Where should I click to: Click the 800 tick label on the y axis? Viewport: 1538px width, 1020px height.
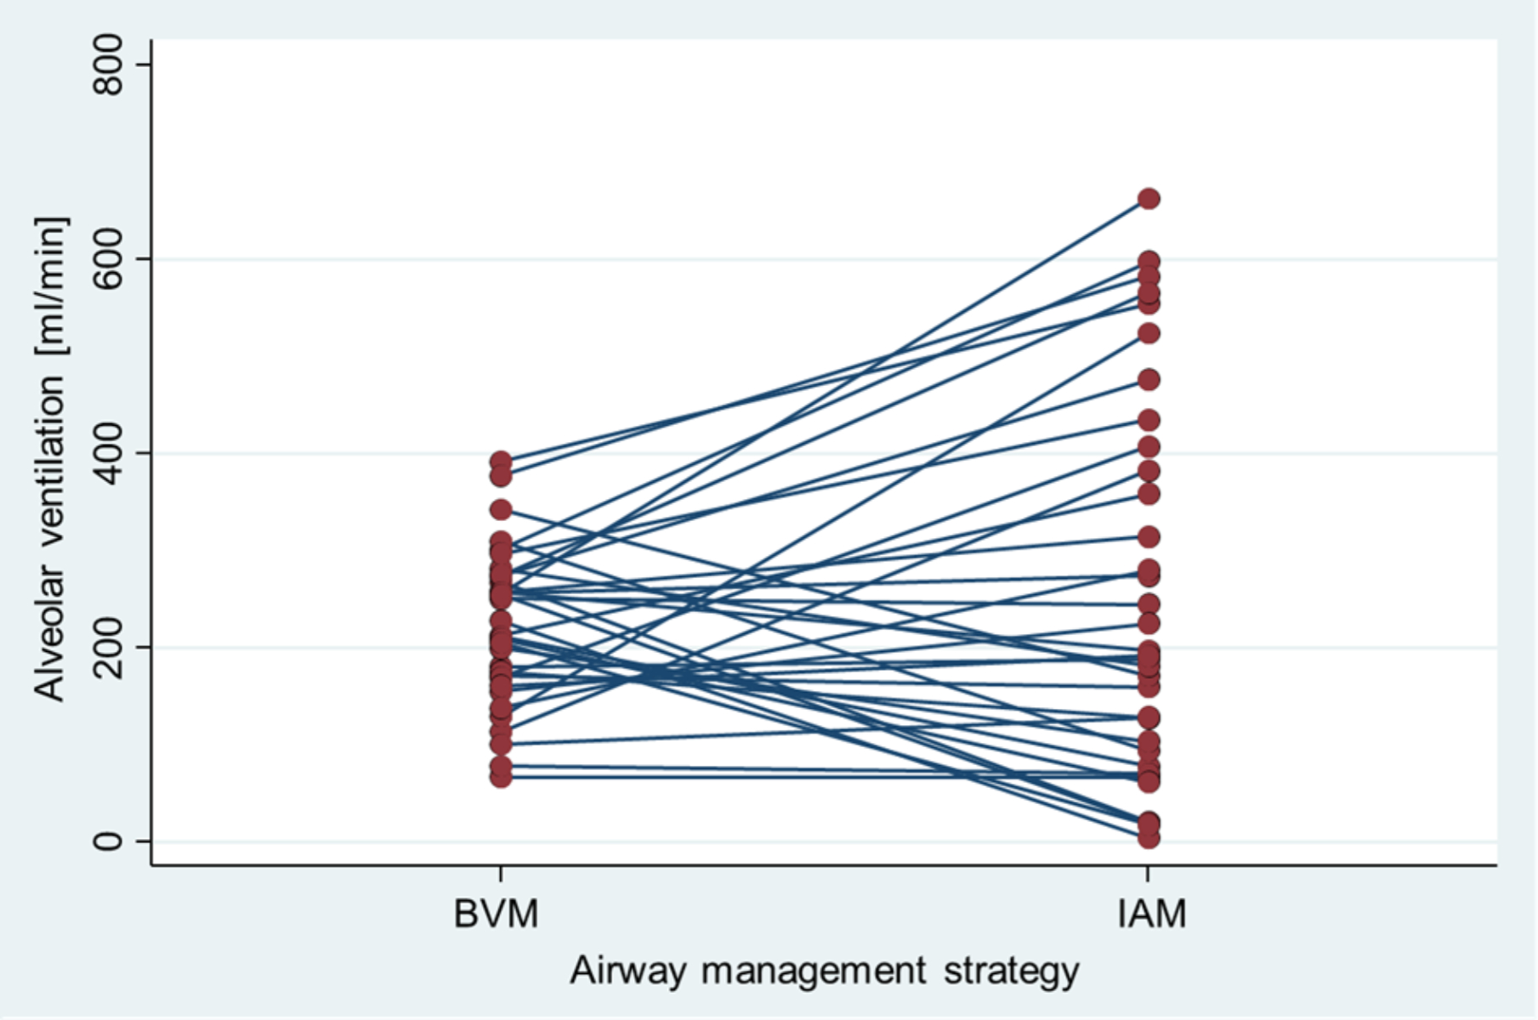pyautogui.click(x=109, y=65)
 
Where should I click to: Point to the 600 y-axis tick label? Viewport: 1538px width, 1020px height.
pyautogui.click(x=109, y=259)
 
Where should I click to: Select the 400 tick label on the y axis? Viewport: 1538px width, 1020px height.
pyautogui.click(x=109, y=453)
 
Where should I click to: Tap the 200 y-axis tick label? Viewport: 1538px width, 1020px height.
pyautogui.click(x=109, y=647)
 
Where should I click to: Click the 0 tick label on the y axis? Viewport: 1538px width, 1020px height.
pyautogui.click(x=109, y=841)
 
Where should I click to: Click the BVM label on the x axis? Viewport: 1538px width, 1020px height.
pyautogui.click(x=497, y=915)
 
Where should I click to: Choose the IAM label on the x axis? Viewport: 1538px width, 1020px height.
pyautogui.click(x=1151, y=915)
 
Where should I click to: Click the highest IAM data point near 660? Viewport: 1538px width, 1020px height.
pyautogui.click(x=1149, y=199)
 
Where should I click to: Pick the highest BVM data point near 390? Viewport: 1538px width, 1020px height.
pyautogui.click(x=501, y=462)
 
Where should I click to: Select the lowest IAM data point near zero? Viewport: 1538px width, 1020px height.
pyautogui.click(x=1149, y=838)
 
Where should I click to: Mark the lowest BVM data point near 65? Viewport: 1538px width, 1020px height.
pyautogui.click(x=501, y=776)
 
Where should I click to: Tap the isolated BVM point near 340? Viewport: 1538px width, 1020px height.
pyautogui.click(x=501, y=510)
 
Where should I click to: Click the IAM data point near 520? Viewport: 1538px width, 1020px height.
pyautogui.click(x=1149, y=333)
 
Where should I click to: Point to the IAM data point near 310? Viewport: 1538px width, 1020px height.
pyautogui.click(x=1149, y=537)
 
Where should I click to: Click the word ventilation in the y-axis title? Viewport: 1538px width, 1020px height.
pyautogui.click(x=49, y=460)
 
